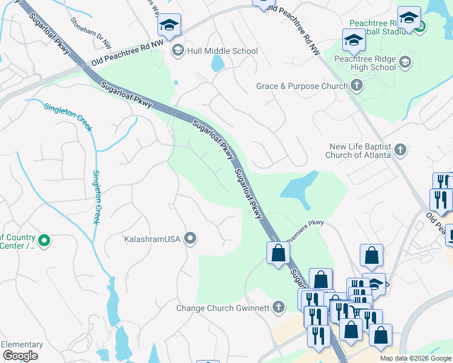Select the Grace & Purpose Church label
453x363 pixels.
click(x=302, y=87)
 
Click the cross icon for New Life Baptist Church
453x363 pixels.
click(x=399, y=149)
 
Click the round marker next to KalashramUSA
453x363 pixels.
click(x=191, y=238)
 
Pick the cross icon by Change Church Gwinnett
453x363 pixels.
click(x=278, y=307)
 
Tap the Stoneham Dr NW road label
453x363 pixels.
click(x=91, y=33)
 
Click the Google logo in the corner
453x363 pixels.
click(x=20, y=356)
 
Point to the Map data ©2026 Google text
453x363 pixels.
click(x=415, y=358)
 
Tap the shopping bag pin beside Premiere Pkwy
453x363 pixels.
click(x=278, y=253)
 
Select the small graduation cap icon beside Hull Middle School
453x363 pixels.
click(x=178, y=50)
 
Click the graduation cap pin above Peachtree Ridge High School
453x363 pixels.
click(x=354, y=40)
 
